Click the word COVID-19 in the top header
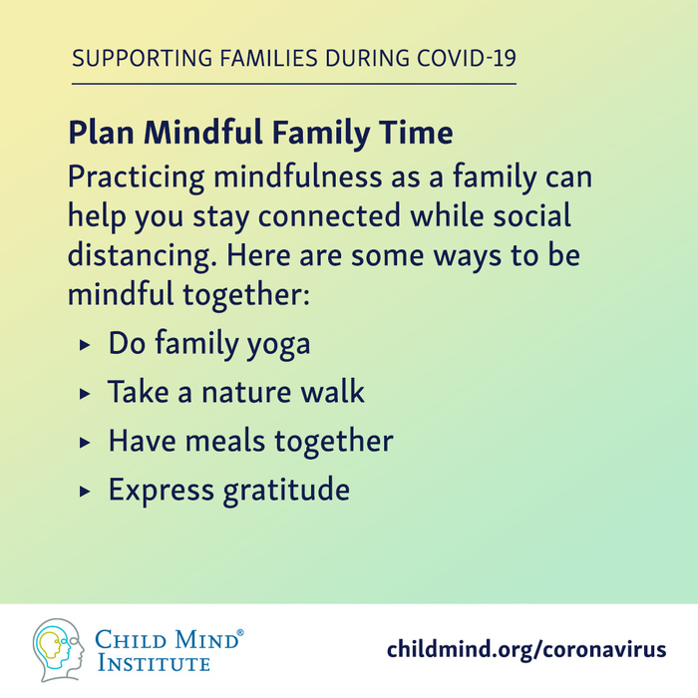(467, 58)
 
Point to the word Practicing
(137, 177)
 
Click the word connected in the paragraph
(329, 215)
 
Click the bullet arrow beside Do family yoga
(85, 345)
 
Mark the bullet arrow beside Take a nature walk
(85, 394)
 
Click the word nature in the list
(246, 392)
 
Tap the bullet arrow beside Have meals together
(85, 443)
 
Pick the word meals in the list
(225, 441)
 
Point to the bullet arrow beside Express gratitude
(85, 492)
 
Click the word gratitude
(286, 491)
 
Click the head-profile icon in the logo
(58, 649)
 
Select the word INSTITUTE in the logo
(154, 663)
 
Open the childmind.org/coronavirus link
(526, 649)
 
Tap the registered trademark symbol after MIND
(240, 632)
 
